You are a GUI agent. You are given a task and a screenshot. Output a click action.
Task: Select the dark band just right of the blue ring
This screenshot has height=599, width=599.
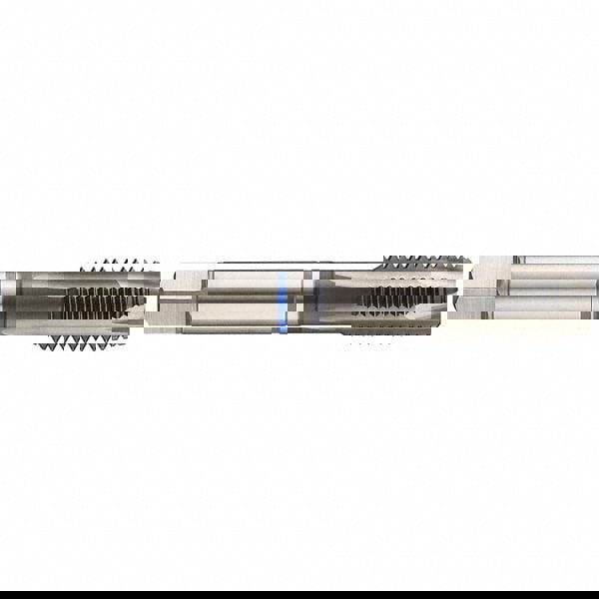point(315,299)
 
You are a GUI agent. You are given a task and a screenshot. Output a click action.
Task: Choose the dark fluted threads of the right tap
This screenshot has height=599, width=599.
point(399,298)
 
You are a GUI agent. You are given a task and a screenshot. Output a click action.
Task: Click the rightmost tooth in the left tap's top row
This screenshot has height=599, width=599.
point(155,266)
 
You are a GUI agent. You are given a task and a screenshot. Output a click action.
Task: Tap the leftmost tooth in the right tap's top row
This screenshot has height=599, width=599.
point(384,263)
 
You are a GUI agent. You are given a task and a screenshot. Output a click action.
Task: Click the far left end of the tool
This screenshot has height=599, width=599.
point(3,299)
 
